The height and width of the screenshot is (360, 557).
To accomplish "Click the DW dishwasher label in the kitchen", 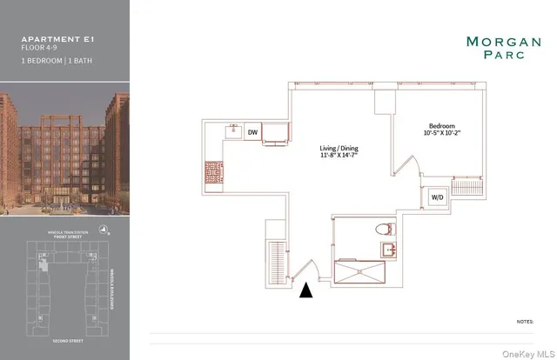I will tap(252, 132).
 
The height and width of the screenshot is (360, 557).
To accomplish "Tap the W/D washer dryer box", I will tap(434, 197).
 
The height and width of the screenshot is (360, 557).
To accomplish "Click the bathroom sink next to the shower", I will tap(389, 250).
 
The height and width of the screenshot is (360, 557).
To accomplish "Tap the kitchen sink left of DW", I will tap(233, 132).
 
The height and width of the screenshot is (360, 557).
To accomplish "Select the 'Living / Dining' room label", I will tap(339, 149).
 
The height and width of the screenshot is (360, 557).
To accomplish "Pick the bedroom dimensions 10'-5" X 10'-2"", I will tap(443, 133).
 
